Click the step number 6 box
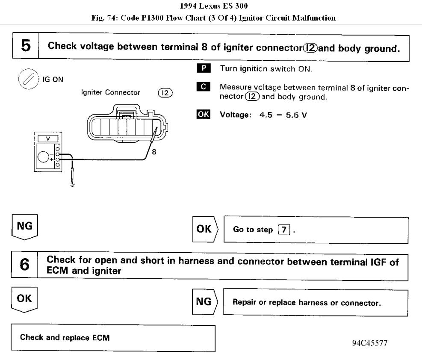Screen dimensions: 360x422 [25, 266]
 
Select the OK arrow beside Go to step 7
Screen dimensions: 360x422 [205, 229]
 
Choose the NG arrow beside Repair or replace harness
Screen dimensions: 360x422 [205, 302]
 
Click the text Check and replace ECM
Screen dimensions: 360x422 [65, 338]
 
